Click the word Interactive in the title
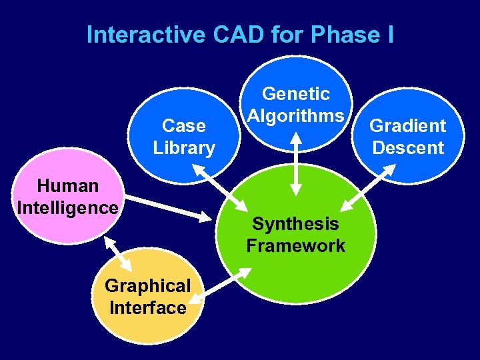(147, 35)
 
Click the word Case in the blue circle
(183, 125)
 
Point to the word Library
(183, 147)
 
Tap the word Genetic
(295, 94)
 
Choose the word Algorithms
(295, 116)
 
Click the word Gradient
(407, 125)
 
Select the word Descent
(407, 147)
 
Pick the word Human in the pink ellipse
(68, 185)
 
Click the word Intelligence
(68, 207)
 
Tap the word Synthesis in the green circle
(295, 223)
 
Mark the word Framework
(295, 245)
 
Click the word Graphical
(147, 285)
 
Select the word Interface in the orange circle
(147, 307)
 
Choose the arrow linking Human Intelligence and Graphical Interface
(118, 253)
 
